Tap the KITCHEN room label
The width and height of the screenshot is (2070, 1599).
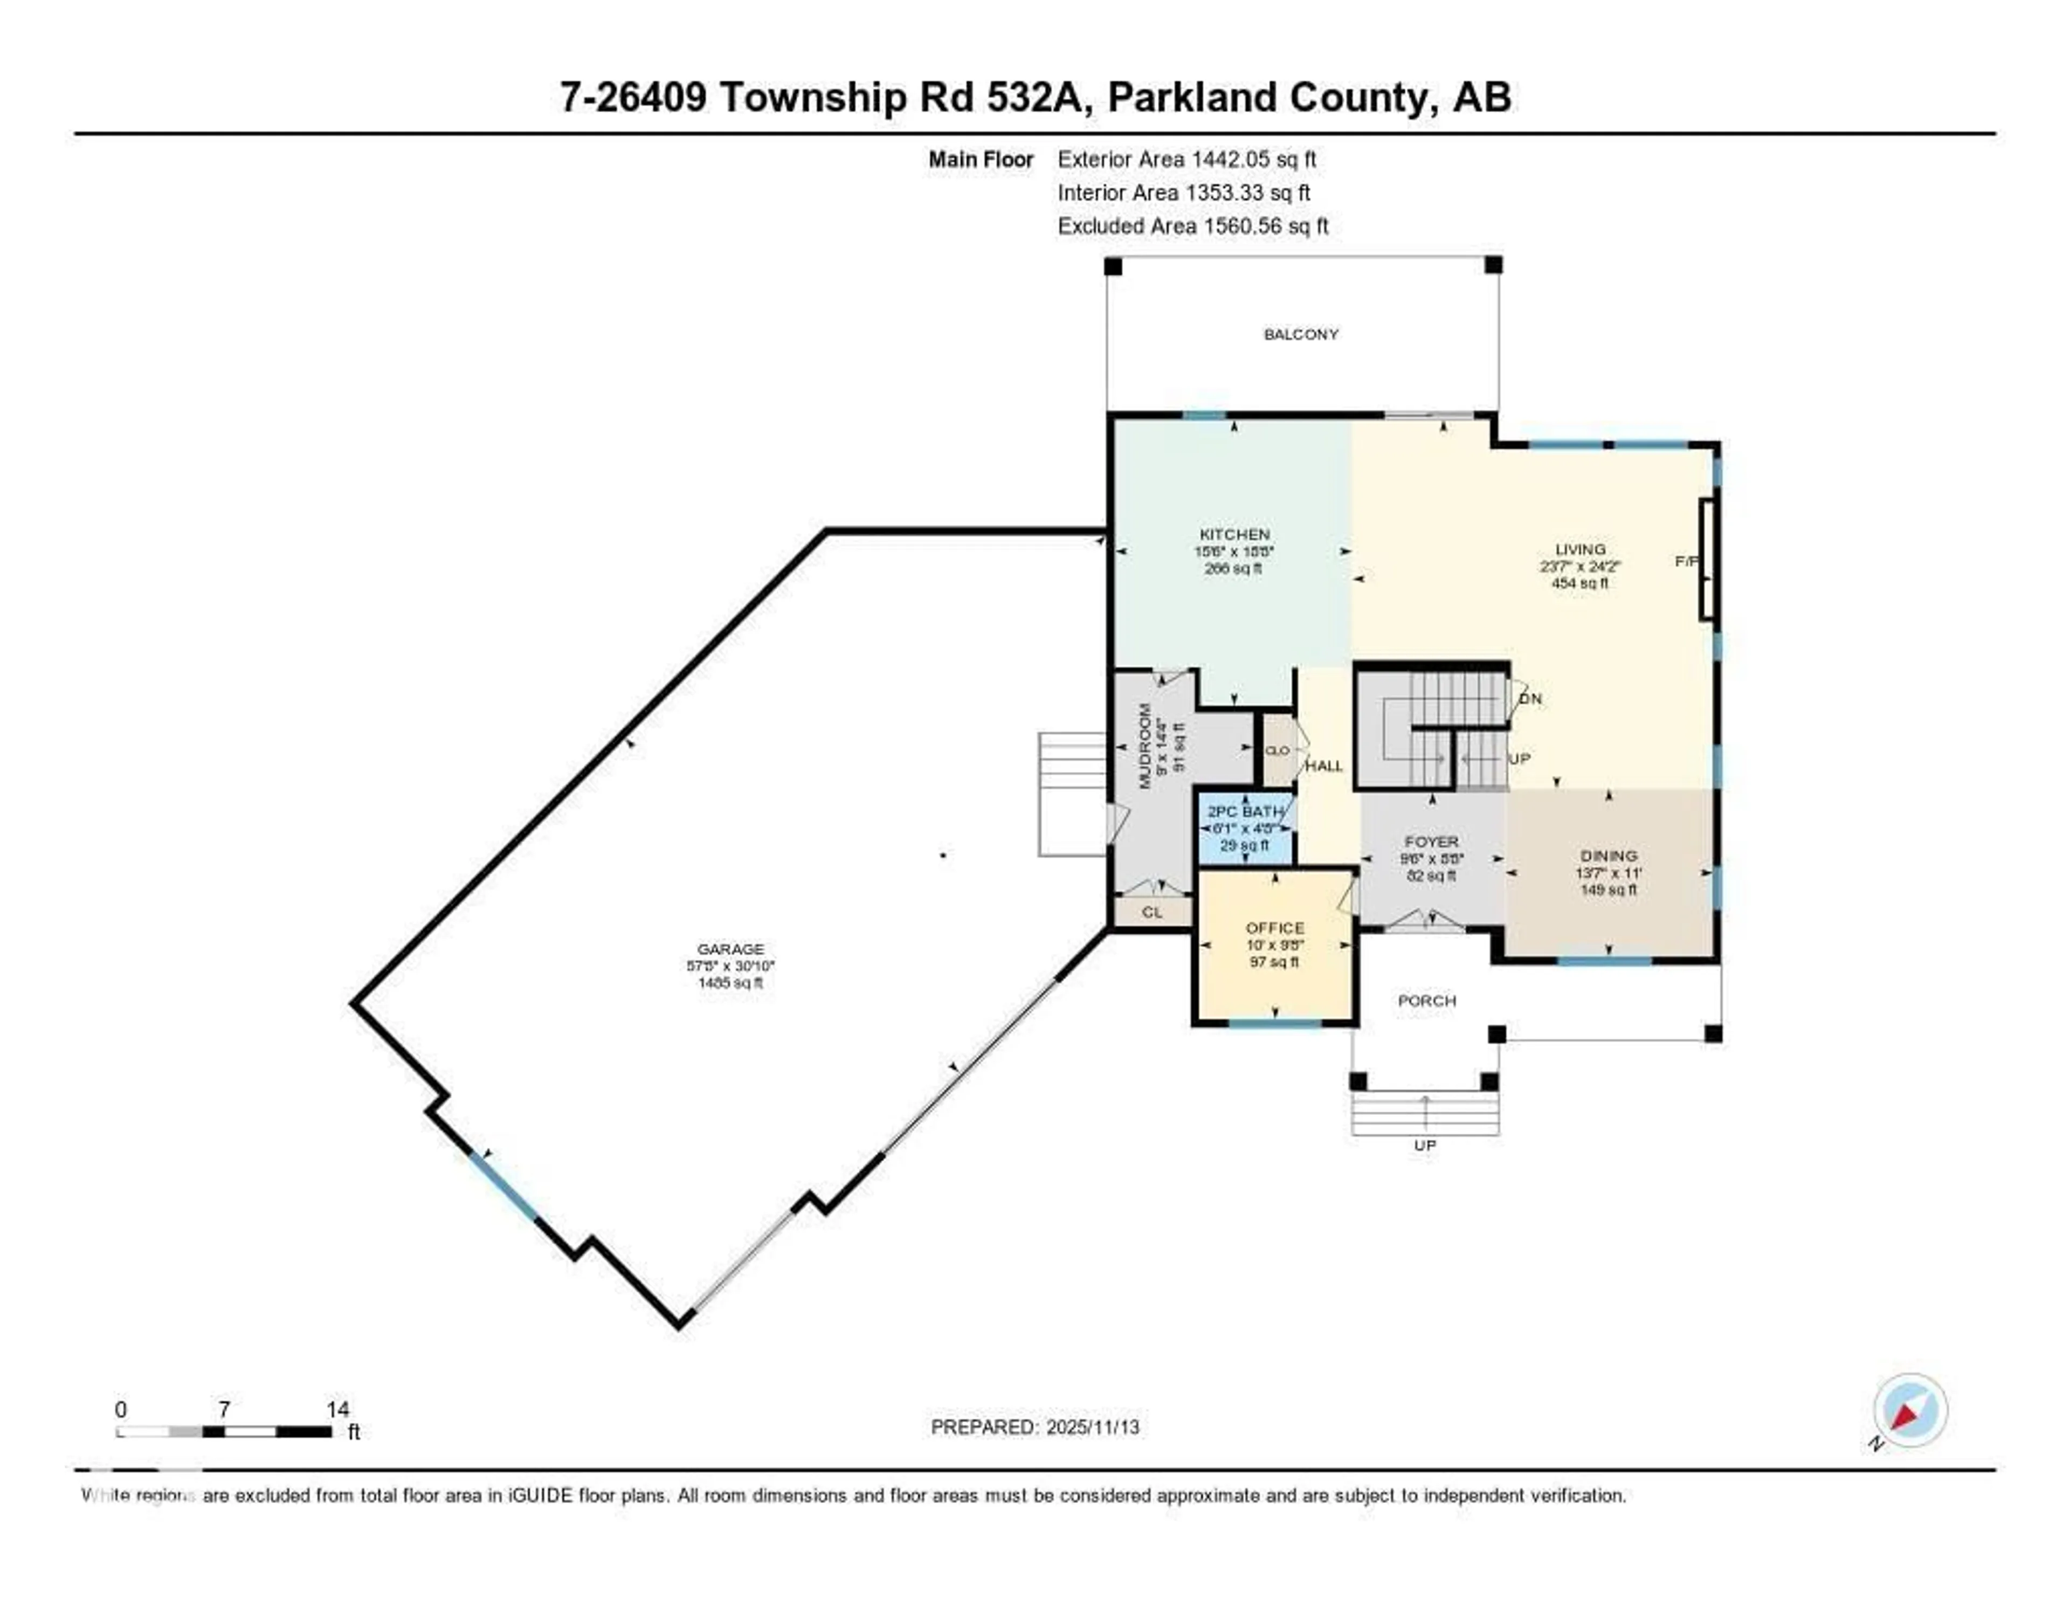(1234, 535)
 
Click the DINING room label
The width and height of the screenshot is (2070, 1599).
(1609, 856)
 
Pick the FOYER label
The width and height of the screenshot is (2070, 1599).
(1431, 842)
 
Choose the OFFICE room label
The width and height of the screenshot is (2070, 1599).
(1275, 928)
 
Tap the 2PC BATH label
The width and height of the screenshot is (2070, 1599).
(1245, 812)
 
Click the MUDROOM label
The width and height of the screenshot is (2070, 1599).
(1145, 745)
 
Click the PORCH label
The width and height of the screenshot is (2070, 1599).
(1426, 1001)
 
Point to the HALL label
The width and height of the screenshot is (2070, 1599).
(1324, 766)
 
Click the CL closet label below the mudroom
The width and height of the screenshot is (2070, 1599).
(1151, 913)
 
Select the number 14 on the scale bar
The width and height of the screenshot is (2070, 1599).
(337, 1409)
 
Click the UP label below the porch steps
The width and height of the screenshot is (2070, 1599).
(1425, 1146)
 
